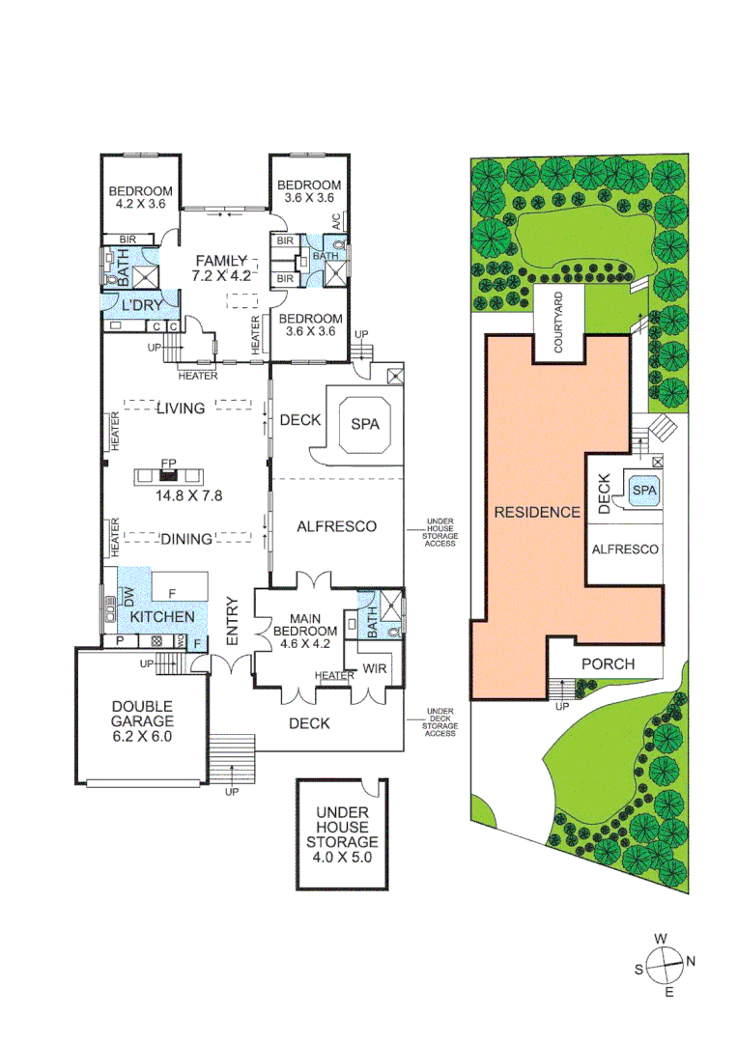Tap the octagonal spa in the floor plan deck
click(x=363, y=423)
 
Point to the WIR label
click(x=376, y=668)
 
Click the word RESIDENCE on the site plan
click(x=537, y=512)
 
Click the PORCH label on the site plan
click(x=609, y=664)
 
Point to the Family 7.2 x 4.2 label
click(x=223, y=268)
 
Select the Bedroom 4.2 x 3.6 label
click(x=140, y=197)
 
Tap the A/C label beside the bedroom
click(x=336, y=221)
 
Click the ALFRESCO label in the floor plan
click(x=335, y=526)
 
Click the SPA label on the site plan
click(x=642, y=491)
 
